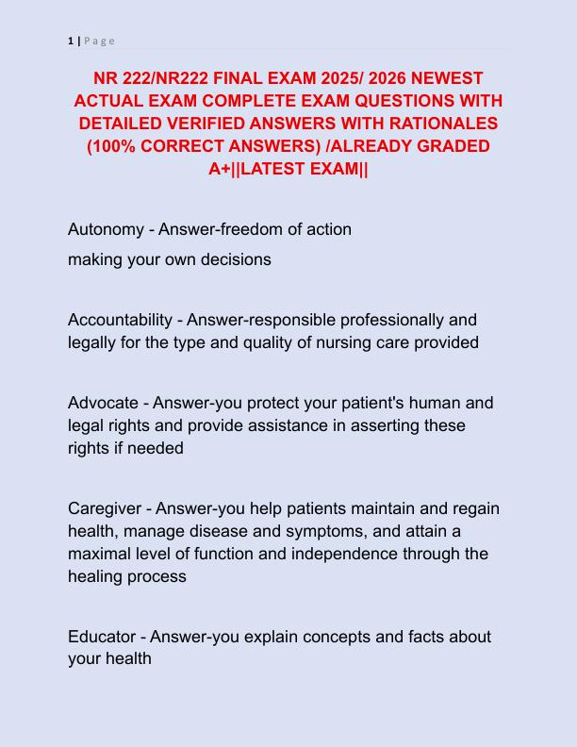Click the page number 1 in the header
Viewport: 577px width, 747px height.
(x=71, y=41)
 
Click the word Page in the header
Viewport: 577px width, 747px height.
(x=99, y=41)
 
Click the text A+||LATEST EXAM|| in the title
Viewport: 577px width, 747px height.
(x=288, y=169)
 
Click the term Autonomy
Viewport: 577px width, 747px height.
(x=103, y=229)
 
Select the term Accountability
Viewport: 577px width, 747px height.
(x=120, y=320)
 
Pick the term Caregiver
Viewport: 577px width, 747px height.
(x=106, y=508)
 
